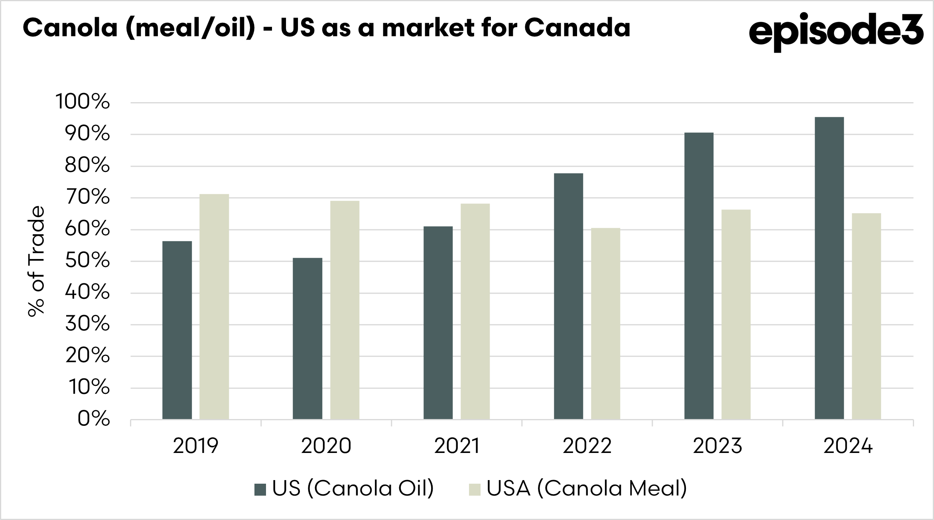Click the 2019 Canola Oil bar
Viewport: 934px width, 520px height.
pos(177,330)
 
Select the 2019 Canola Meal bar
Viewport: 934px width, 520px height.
pos(214,306)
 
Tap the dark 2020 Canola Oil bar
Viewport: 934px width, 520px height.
pos(307,338)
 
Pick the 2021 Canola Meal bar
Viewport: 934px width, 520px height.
pos(475,311)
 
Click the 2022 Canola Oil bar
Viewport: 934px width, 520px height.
pos(568,296)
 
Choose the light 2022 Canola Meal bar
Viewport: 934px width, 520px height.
pos(605,323)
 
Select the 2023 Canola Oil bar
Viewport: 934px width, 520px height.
pos(699,276)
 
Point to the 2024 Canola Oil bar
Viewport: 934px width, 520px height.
pos(829,268)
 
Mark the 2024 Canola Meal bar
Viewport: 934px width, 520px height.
pos(866,316)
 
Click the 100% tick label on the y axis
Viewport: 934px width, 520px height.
pos(83,102)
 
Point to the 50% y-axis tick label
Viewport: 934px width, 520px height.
pos(87,261)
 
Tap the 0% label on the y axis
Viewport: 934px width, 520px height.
pos(93,419)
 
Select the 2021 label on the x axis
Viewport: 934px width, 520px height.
pos(457,446)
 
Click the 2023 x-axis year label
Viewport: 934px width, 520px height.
pos(717,446)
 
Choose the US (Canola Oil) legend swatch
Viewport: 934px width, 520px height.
pos(260,489)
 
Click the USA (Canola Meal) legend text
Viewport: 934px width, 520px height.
pos(587,488)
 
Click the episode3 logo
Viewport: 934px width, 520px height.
pos(836,32)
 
